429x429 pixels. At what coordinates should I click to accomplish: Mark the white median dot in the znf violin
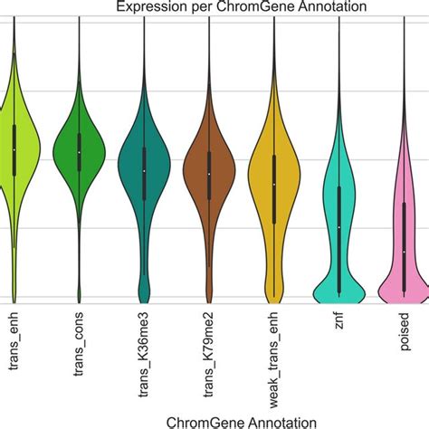pyautogui.click(x=338, y=226)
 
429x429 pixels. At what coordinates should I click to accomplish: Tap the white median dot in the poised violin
pyautogui.click(x=404, y=251)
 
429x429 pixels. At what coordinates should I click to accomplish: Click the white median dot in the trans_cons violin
pyautogui.click(x=79, y=152)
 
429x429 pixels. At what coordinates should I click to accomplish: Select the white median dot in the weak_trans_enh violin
pyautogui.click(x=274, y=185)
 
